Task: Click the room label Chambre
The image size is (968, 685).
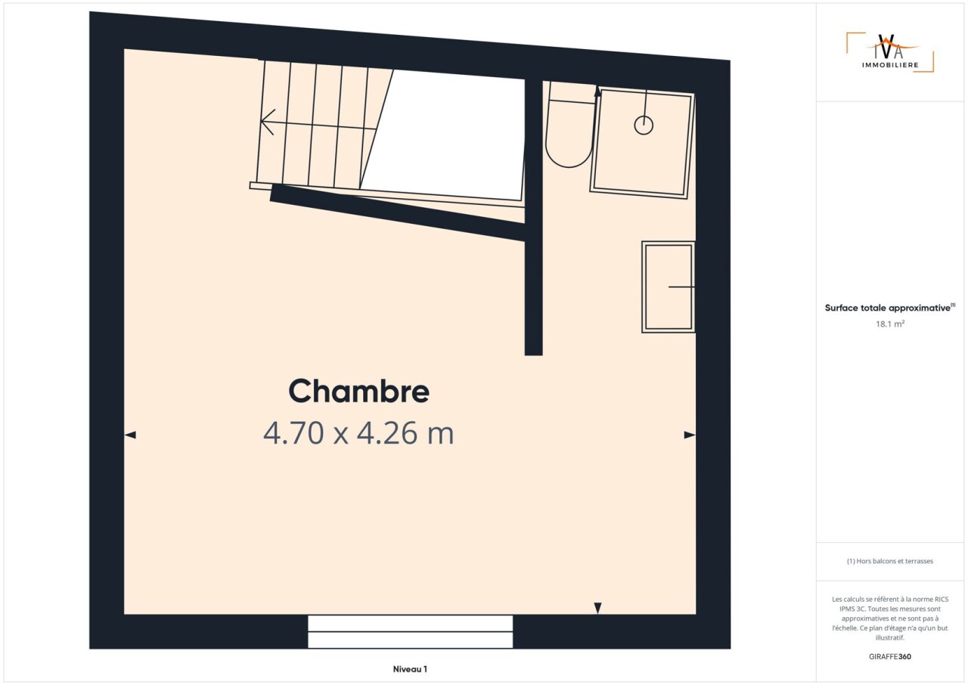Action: (358, 392)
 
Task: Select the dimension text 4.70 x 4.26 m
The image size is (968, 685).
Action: (358, 433)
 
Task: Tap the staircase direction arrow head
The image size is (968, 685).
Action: (268, 122)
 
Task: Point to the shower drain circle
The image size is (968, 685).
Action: (644, 126)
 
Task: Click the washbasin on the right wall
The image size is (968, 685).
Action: (668, 287)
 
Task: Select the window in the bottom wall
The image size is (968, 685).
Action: (410, 631)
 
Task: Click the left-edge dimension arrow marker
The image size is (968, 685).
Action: (130, 435)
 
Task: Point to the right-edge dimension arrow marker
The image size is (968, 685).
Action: (690, 435)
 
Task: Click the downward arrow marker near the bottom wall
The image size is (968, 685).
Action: (597, 608)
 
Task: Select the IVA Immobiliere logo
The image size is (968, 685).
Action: (890, 52)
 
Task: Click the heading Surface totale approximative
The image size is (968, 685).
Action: (889, 308)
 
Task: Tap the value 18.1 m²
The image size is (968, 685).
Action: (890, 324)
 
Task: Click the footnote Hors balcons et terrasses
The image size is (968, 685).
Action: (890, 561)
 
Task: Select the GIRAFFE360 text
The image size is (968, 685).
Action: (890, 656)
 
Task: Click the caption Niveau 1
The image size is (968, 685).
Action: (410, 669)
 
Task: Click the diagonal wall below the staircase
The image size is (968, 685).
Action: (398, 212)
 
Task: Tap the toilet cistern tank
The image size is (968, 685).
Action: (572, 92)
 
